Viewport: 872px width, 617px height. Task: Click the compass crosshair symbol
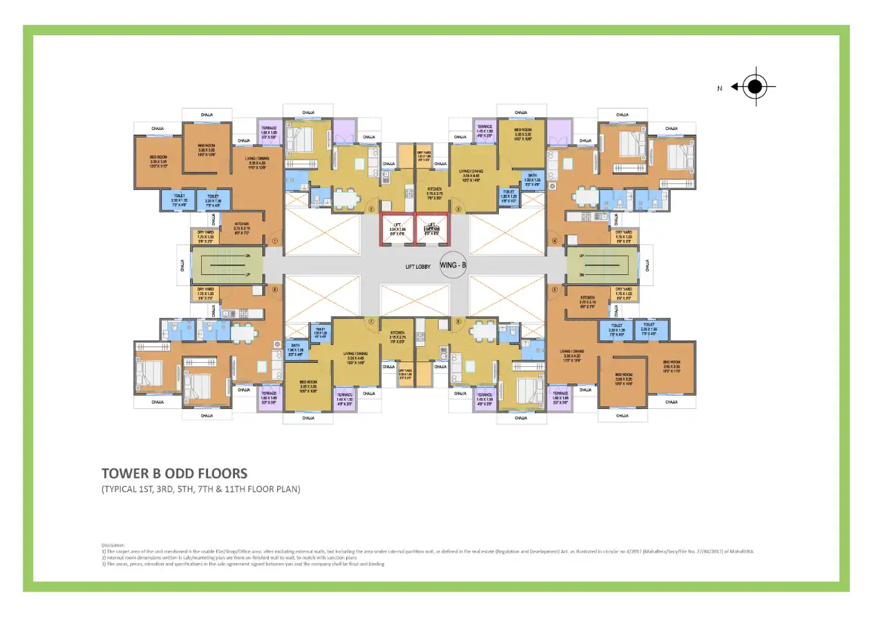click(755, 87)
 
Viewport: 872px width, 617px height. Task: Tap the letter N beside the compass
click(719, 88)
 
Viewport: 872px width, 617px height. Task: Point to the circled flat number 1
click(274, 241)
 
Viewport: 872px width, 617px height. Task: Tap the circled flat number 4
click(554, 241)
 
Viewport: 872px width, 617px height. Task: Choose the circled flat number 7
click(371, 321)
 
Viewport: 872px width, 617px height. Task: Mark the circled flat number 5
click(554, 289)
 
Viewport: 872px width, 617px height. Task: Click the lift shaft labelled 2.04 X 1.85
click(398, 229)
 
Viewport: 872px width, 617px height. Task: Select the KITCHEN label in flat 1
click(241, 225)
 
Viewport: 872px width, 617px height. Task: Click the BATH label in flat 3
click(532, 177)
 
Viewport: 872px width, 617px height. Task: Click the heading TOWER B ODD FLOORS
click(174, 474)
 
